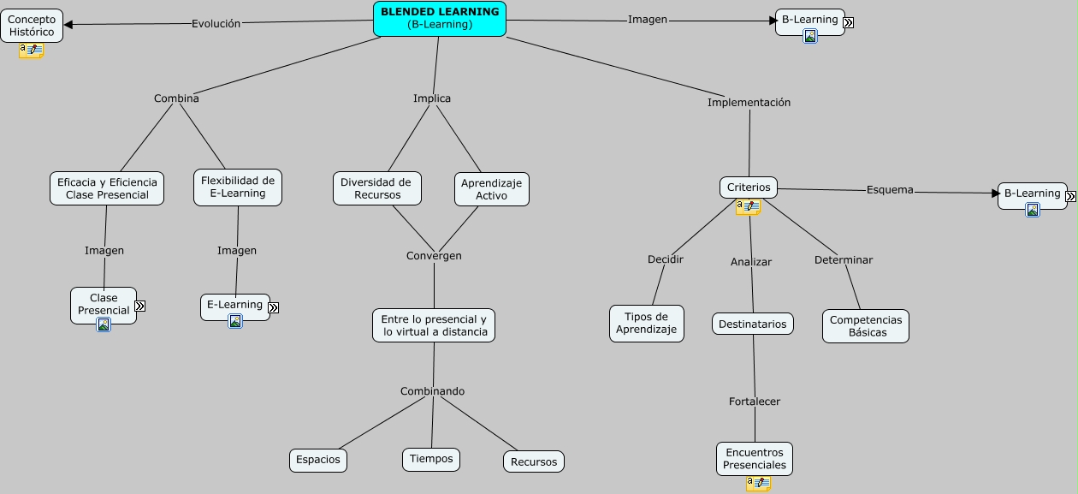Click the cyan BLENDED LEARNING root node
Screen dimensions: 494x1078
click(440, 19)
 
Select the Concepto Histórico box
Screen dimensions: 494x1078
click(32, 26)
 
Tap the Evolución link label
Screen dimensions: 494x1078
click(216, 24)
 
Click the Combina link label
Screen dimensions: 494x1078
click(176, 98)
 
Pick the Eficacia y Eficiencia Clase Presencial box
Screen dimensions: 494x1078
click(107, 188)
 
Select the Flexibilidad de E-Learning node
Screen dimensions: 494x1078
click(238, 187)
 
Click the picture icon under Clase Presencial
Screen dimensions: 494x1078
click(104, 324)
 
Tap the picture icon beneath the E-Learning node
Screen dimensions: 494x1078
click(235, 321)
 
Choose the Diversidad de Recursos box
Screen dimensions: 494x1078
click(376, 188)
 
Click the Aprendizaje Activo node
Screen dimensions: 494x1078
click(491, 189)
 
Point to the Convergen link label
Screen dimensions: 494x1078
click(434, 256)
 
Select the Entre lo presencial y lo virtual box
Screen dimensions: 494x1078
click(434, 325)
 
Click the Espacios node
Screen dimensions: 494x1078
click(318, 460)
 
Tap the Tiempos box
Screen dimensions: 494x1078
click(431, 459)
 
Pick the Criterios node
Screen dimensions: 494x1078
click(749, 187)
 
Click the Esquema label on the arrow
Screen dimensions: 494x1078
click(890, 190)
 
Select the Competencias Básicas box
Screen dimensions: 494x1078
click(866, 326)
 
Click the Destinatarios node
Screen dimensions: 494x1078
click(753, 324)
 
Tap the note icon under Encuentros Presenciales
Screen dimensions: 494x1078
click(758, 484)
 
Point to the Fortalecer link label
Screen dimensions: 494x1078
click(755, 402)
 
